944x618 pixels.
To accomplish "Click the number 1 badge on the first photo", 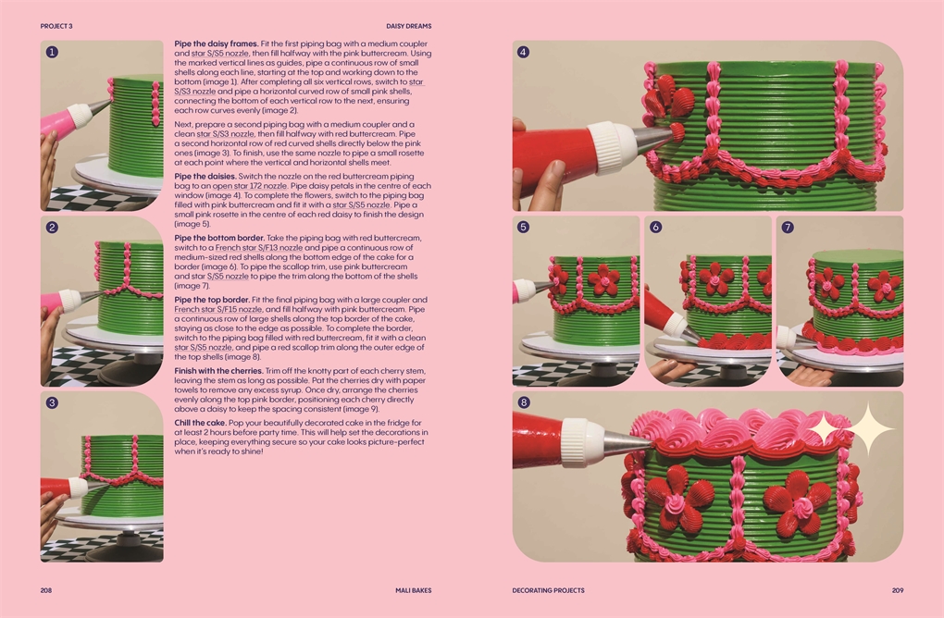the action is tap(52, 52).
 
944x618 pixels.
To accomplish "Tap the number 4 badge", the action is tap(523, 52).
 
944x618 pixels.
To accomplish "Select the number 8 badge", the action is tap(524, 402).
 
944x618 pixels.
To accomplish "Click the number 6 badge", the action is tap(655, 227).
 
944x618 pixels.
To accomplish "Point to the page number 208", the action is tap(45, 590).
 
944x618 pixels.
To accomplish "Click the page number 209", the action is tap(898, 590).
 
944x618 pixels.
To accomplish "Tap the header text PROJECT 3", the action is tap(56, 26).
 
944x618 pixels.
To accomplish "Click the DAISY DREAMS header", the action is tap(409, 26).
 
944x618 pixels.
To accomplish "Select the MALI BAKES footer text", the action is tap(414, 590).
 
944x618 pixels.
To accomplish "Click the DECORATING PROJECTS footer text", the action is tap(549, 590).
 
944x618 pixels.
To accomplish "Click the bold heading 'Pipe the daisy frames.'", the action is tap(217, 43).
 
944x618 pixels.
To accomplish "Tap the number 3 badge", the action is tap(52, 402).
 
